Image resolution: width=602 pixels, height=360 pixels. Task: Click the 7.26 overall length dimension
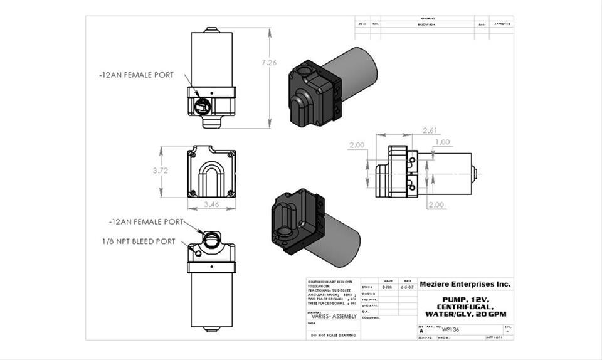click(x=269, y=62)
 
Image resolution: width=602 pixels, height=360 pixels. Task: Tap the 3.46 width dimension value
click(x=211, y=205)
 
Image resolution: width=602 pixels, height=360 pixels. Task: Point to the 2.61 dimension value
click(x=430, y=130)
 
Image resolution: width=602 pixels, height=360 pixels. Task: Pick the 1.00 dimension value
click(x=442, y=142)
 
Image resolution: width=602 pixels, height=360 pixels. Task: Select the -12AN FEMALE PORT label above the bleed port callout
click(x=145, y=222)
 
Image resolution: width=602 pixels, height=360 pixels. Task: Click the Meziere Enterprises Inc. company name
click(x=465, y=284)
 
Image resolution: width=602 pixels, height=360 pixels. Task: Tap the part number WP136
click(x=450, y=329)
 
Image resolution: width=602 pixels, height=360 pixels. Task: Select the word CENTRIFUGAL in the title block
click(x=465, y=306)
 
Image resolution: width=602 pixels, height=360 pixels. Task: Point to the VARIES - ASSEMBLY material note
click(x=334, y=316)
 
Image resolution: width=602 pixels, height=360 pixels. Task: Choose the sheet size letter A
click(x=421, y=330)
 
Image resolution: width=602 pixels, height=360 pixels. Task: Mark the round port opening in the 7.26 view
click(x=202, y=107)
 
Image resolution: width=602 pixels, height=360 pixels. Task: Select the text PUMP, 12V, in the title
click(x=465, y=299)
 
